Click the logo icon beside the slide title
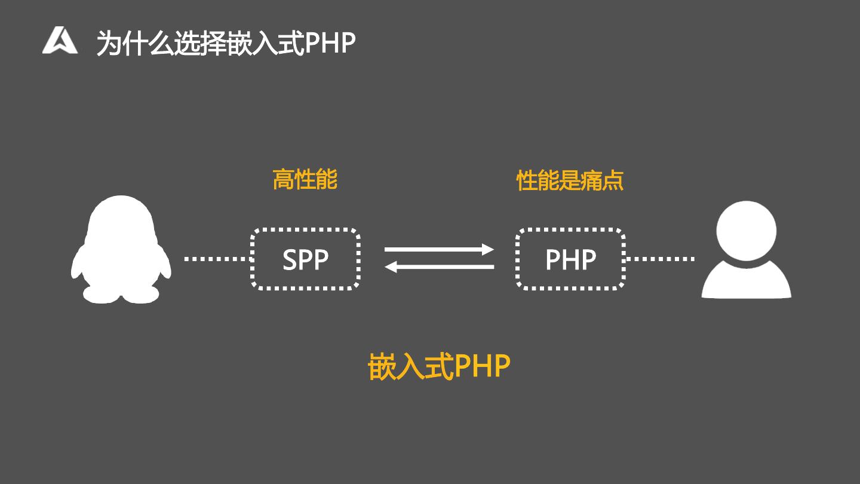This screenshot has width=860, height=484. [x=60, y=41]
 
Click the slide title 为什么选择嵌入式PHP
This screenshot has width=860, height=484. [x=226, y=43]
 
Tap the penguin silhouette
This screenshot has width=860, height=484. [x=121, y=248]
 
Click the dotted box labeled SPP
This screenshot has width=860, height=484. [x=305, y=259]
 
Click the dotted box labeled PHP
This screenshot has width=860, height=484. [x=570, y=259]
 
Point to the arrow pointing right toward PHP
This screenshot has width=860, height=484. [x=439, y=249]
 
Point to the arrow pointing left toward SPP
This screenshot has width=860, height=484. [x=439, y=267]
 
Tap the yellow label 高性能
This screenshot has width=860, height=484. [x=305, y=179]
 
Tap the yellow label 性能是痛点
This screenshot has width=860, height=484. [x=570, y=180]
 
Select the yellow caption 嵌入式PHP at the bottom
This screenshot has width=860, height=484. [x=439, y=366]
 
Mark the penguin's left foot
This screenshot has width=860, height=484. [x=101, y=294]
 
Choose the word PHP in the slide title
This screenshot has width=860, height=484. [x=330, y=43]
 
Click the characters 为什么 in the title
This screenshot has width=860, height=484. [x=134, y=43]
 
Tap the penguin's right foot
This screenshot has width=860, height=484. [x=142, y=294]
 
